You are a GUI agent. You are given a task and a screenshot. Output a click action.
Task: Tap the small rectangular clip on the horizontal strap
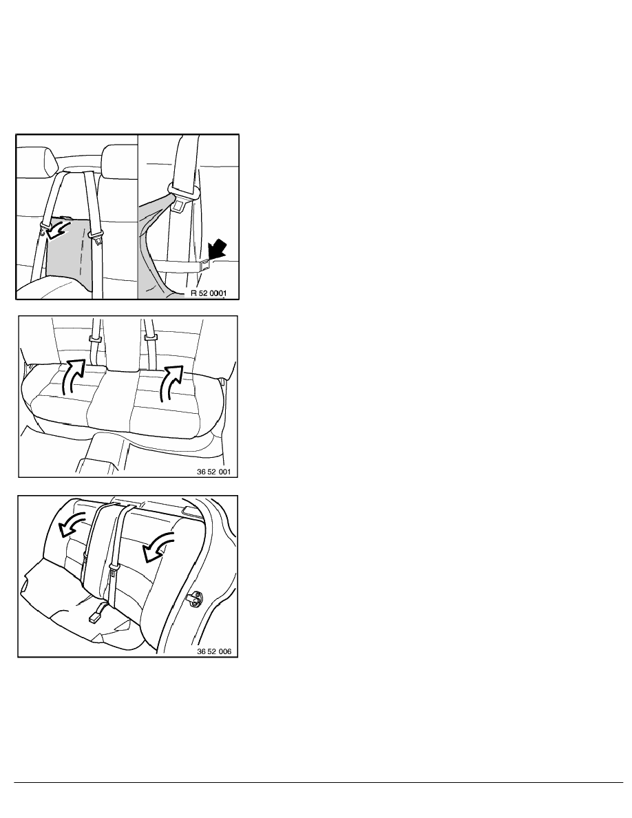pyautogui.click(x=204, y=266)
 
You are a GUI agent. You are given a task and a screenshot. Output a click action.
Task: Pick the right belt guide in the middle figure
pyautogui.click(x=150, y=337)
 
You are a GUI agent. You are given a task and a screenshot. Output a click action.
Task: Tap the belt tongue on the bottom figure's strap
pyautogui.click(x=112, y=571)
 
